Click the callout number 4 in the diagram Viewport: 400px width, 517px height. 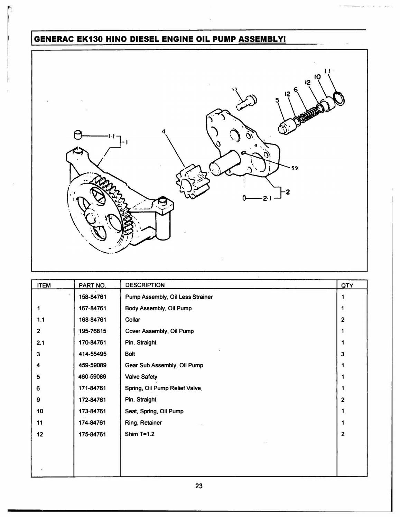click(x=164, y=131)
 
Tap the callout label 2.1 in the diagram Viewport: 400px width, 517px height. click(x=267, y=198)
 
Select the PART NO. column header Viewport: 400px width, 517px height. click(x=92, y=285)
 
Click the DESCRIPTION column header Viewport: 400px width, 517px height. click(x=145, y=285)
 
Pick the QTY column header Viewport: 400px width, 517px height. click(x=347, y=285)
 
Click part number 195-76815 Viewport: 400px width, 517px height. click(x=92, y=331)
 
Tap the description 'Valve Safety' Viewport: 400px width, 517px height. click(x=141, y=377)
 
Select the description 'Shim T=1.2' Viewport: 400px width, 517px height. click(x=140, y=434)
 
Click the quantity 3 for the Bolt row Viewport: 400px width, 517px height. click(x=343, y=354)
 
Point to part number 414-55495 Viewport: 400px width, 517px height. click(x=92, y=354)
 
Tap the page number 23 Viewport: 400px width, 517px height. click(x=198, y=486)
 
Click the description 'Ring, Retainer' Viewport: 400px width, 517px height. click(x=143, y=423)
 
